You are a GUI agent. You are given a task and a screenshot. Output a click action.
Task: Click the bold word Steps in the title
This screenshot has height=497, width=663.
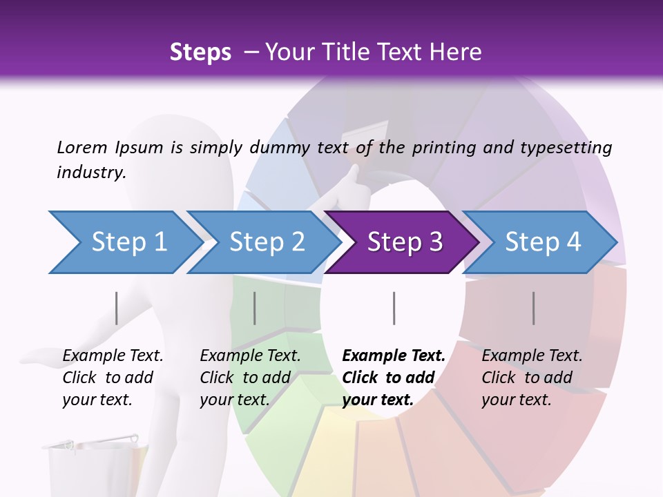click(200, 52)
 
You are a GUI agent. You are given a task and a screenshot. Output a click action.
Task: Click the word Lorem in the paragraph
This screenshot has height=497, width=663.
click(81, 147)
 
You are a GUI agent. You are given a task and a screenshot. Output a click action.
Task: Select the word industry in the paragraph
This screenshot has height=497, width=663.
click(91, 173)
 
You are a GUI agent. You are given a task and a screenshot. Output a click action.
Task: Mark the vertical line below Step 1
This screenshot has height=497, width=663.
click(117, 308)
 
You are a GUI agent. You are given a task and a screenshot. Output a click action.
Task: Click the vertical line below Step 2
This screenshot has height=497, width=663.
click(255, 308)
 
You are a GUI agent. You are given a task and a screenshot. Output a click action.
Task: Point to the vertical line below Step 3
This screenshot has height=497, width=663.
click(394, 308)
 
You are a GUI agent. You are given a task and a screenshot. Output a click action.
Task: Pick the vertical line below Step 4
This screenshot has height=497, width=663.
click(533, 308)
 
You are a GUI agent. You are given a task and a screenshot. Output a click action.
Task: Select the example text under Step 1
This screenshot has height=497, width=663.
click(113, 378)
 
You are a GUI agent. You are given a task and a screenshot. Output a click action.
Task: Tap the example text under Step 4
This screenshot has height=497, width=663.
click(532, 378)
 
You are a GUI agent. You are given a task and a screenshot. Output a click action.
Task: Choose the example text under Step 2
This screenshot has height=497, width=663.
click(250, 378)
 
